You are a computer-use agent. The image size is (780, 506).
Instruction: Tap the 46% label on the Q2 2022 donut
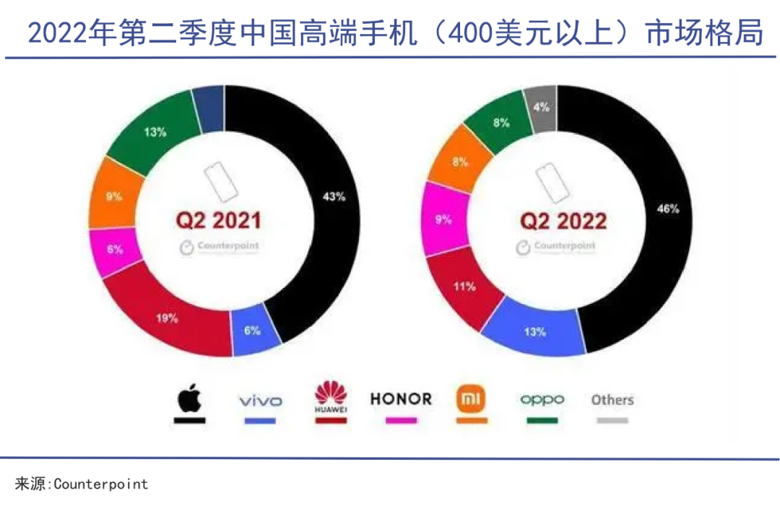pyautogui.click(x=667, y=209)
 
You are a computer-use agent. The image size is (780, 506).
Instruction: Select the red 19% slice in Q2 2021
pyautogui.click(x=168, y=318)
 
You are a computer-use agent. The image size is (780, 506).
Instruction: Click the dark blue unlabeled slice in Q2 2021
pyautogui.click(x=209, y=108)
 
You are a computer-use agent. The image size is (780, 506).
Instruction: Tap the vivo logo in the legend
pyautogui.click(x=260, y=401)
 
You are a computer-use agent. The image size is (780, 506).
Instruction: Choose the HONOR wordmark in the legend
pyautogui.click(x=401, y=398)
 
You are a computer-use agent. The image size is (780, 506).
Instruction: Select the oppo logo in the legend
pyautogui.click(x=542, y=399)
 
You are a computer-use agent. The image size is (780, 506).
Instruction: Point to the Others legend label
pyautogui.click(x=612, y=399)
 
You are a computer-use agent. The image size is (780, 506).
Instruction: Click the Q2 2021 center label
pyautogui.click(x=218, y=219)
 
